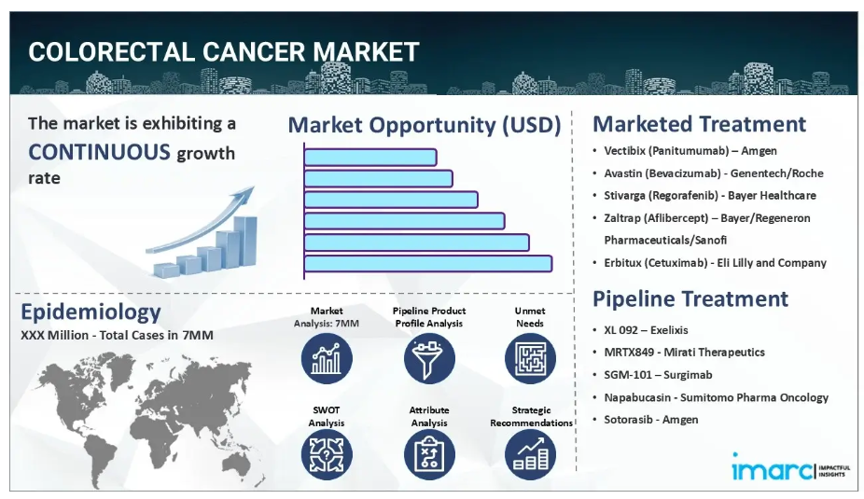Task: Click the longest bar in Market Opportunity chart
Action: pyautogui.click(x=428, y=263)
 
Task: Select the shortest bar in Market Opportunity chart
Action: pyautogui.click(x=370, y=157)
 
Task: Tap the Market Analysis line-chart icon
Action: pyautogui.click(x=327, y=358)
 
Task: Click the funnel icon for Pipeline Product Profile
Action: pyautogui.click(x=429, y=358)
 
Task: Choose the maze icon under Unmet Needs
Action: pyautogui.click(x=530, y=358)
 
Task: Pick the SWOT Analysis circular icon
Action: pyautogui.click(x=327, y=454)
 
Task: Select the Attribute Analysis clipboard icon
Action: pyautogui.click(x=429, y=454)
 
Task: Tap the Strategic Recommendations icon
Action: pyautogui.click(x=530, y=454)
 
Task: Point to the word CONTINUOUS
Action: pyautogui.click(x=99, y=152)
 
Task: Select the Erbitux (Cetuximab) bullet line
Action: pyautogui.click(x=715, y=263)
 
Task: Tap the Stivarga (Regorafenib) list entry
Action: pyautogui.click(x=710, y=196)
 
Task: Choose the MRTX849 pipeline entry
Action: pyautogui.click(x=684, y=353)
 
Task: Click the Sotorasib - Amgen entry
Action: pyautogui.click(x=650, y=420)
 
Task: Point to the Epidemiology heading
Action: pyautogui.click(x=91, y=312)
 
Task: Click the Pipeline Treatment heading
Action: pyautogui.click(x=690, y=298)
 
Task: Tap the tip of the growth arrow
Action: pyautogui.click(x=254, y=187)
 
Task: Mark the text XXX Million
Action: pyautogui.click(x=54, y=335)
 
